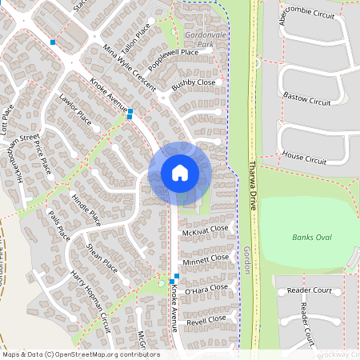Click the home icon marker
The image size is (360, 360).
[x=180, y=173]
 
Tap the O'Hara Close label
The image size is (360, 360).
[x=206, y=288]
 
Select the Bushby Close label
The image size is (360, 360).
[x=194, y=82]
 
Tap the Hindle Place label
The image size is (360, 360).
[x=86, y=209]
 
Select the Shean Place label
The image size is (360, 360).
[x=102, y=257]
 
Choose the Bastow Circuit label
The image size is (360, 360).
[x=306, y=99]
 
